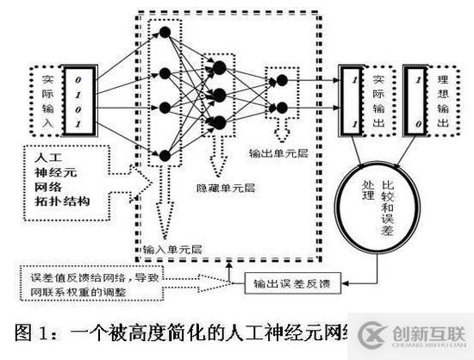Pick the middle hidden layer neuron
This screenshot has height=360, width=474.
(219, 93)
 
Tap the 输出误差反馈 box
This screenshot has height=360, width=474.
(292, 282)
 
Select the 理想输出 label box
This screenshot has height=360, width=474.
(444, 98)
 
